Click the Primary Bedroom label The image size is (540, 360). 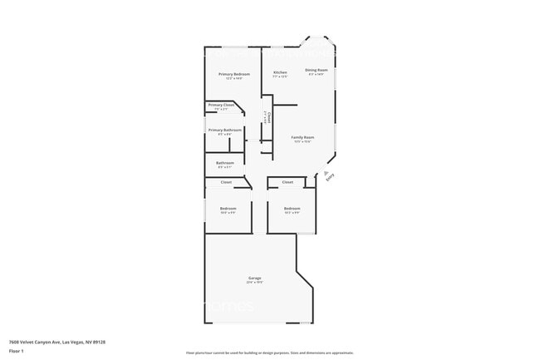[x=234, y=74]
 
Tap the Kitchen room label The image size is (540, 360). [x=281, y=72]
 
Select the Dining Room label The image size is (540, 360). [x=317, y=70]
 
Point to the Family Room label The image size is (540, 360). [x=302, y=137]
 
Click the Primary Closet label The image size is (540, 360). [x=221, y=105]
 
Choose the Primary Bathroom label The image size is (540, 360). [x=225, y=130]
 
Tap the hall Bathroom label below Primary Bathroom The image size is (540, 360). [x=225, y=163]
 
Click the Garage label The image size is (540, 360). [x=255, y=278]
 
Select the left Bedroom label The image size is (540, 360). [x=228, y=208]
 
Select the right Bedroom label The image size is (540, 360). [x=292, y=208]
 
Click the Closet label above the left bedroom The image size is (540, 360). [x=226, y=182]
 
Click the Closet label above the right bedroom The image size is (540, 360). [x=287, y=182]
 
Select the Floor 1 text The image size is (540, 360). [x=17, y=351]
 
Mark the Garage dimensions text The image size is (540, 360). [x=255, y=283]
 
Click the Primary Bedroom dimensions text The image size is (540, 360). [x=234, y=79]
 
